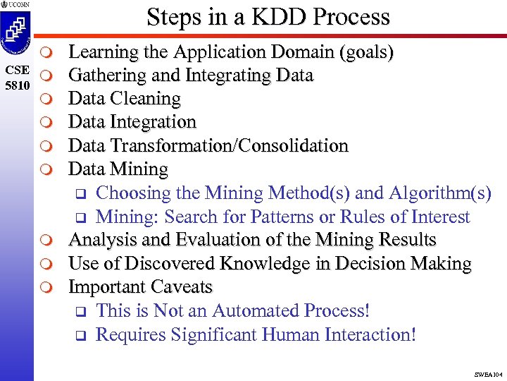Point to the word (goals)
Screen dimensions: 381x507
point(369,52)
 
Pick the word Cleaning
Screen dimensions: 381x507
point(146,99)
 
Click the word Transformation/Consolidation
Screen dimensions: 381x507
point(232,146)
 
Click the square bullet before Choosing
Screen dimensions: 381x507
point(80,194)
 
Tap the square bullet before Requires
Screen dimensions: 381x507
point(80,335)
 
